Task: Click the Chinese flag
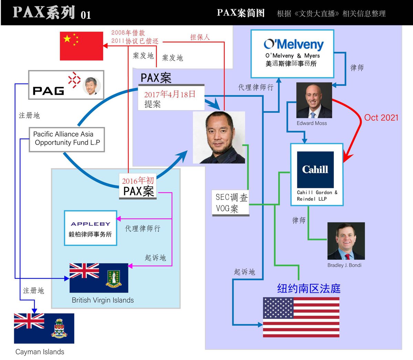pos(82,46)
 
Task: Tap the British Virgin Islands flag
pos(99,278)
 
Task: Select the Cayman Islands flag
pos(44,328)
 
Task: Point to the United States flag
pos(301,317)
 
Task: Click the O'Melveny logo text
pos(294,44)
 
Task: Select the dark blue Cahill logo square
pos(315,169)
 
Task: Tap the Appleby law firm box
pos(91,228)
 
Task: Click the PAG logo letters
pos(49,91)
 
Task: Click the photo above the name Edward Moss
pos(314,100)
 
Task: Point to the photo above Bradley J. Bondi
pos(346,241)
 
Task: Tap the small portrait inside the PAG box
pos(92,86)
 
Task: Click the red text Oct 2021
pos(381,118)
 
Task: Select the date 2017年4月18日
pos(170,94)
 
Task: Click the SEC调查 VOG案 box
pos(231,203)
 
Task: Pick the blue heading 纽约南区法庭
pos(309,288)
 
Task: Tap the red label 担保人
pos(200,37)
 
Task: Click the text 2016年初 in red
pos(138,181)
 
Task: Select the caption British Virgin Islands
pos(103,300)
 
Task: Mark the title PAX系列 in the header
pos(44,12)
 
